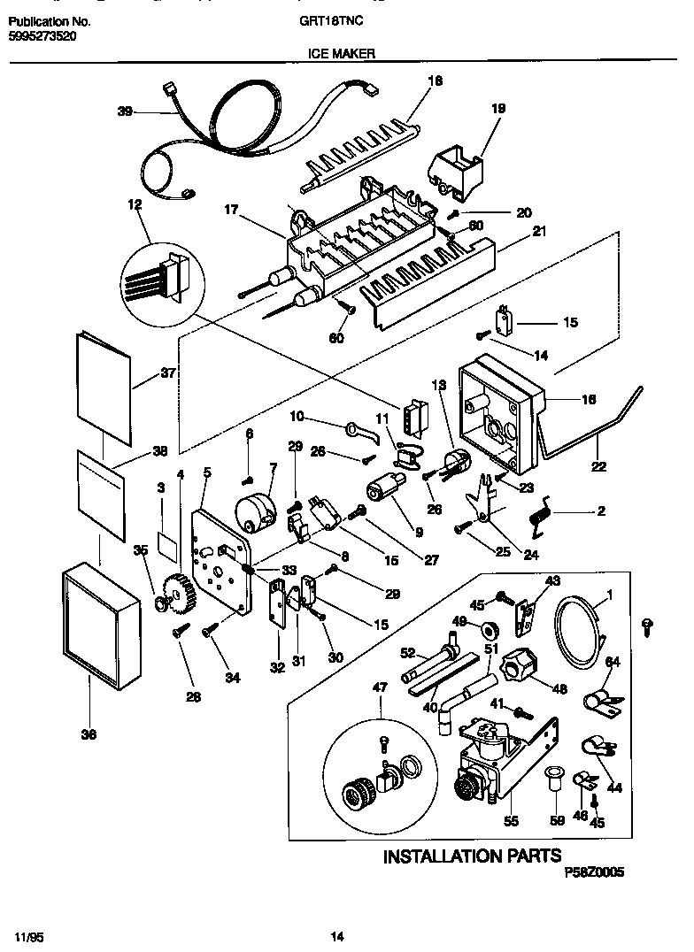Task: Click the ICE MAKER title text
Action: click(342, 53)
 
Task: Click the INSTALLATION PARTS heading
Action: click(472, 856)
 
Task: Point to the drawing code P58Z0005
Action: click(594, 871)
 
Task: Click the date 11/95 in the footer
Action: click(28, 936)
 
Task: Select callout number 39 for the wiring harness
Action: click(125, 111)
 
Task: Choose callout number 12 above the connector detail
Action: click(135, 204)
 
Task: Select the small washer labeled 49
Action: click(487, 629)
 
